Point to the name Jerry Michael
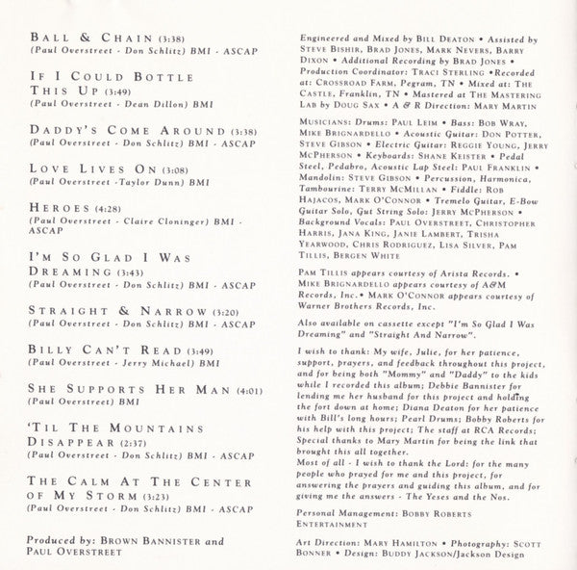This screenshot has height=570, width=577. coord(152,367)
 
